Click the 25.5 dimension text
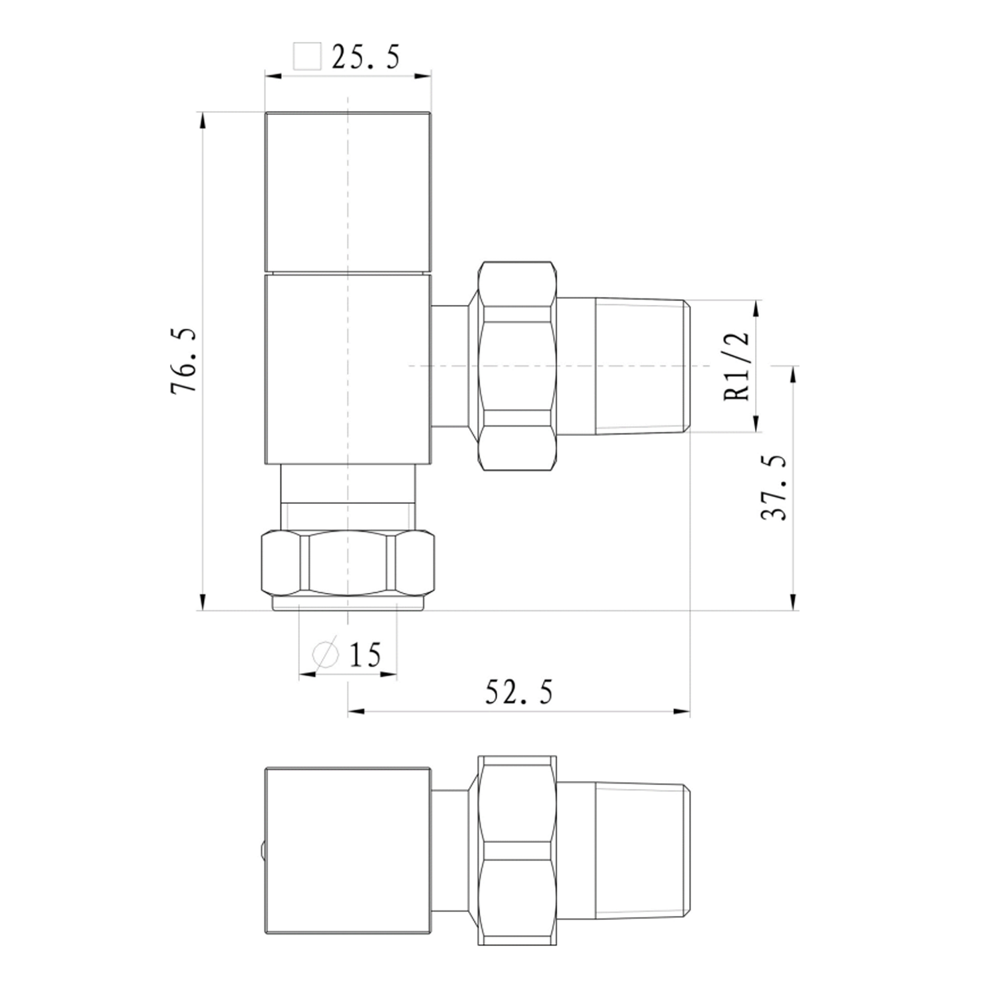366,57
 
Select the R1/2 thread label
737,366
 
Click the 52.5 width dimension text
518,692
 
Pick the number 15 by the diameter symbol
365,655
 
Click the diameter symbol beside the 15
326,655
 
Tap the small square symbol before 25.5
307,56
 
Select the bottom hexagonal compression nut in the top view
348,562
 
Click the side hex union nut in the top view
516,366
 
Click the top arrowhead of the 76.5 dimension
202,120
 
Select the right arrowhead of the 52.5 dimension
683,712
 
